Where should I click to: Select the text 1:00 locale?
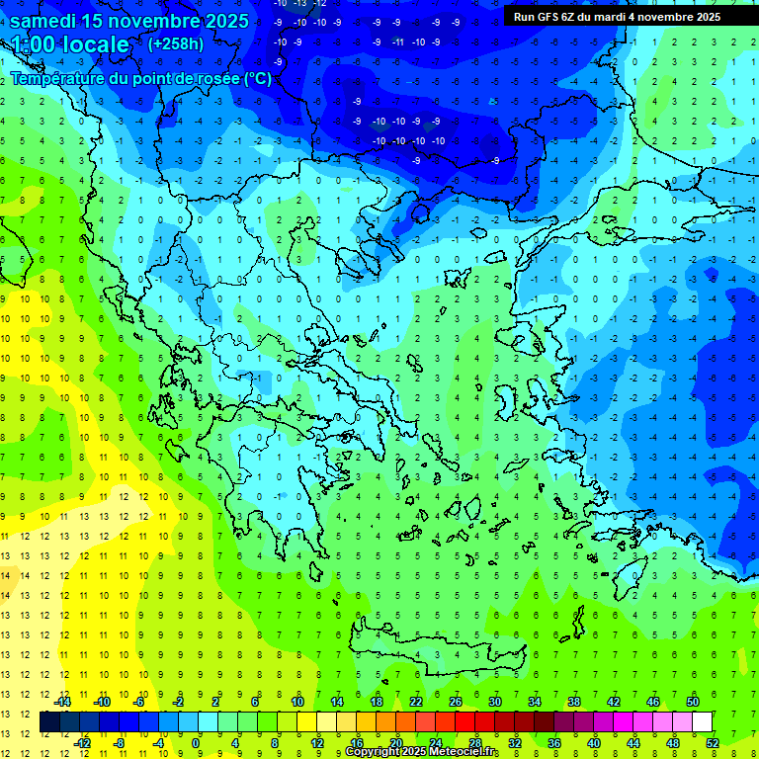coord(70,44)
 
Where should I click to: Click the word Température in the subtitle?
coord(59,78)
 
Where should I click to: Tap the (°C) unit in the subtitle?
coord(258,78)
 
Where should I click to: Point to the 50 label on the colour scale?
coord(692,702)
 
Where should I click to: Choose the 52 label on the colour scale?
coord(713,743)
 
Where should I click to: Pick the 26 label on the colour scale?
coord(456,702)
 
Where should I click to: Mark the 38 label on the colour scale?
coord(573,702)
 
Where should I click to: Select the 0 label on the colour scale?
coord(196,743)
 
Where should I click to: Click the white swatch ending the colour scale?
coord(702,722)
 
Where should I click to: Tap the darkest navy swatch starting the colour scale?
coord(50,722)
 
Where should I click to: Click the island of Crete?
coord(435,647)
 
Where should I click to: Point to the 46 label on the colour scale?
coord(652,702)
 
